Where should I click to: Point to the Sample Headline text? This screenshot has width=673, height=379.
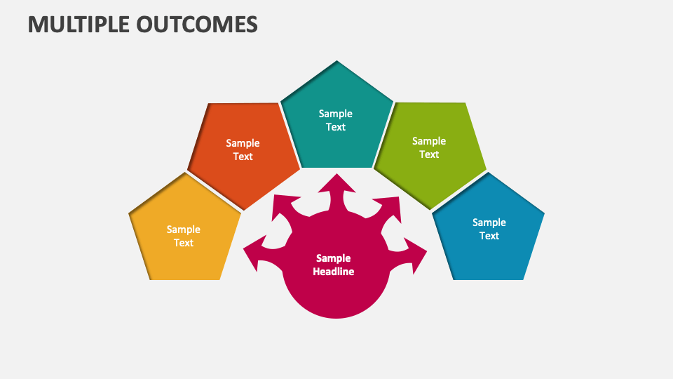[334, 265]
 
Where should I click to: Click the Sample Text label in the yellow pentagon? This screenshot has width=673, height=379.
[184, 236]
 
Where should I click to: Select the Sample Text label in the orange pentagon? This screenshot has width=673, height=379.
[243, 149]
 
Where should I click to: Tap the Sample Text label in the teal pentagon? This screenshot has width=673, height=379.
[336, 120]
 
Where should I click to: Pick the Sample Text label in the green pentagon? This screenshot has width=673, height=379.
[429, 147]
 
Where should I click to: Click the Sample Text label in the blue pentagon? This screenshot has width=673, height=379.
[489, 229]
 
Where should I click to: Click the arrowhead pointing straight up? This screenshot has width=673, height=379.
[336, 182]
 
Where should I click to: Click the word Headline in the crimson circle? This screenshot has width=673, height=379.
[334, 272]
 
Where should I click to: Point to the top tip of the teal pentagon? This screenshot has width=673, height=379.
[336, 62]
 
